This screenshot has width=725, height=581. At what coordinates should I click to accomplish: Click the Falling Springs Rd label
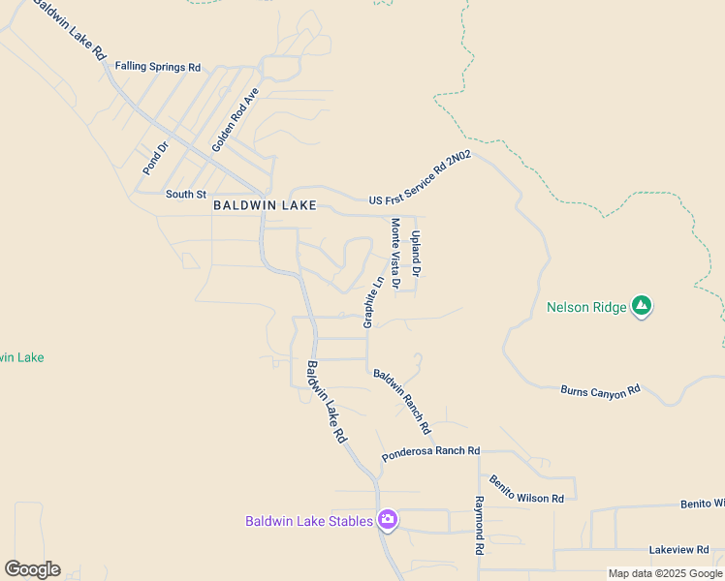point(157,67)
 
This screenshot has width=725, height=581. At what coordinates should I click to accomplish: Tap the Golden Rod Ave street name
point(236,119)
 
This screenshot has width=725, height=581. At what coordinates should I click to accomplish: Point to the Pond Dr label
point(155,158)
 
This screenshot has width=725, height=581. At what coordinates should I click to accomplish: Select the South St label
point(186,194)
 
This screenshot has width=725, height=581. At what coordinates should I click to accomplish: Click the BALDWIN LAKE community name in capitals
point(265,205)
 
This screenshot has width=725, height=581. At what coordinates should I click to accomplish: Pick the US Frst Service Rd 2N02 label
point(420,178)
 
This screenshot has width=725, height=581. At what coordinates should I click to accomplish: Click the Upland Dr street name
point(416,247)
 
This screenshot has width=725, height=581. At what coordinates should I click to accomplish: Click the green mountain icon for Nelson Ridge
point(641,307)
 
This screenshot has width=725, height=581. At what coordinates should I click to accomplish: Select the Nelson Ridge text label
point(585,308)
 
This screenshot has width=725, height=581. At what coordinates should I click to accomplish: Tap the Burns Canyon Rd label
point(601,390)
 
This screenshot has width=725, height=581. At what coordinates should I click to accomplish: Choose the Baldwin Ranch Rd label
point(402,401)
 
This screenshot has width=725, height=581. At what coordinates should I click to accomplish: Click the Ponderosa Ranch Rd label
point(431,451)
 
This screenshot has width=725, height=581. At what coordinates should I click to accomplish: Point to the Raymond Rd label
point(479,525)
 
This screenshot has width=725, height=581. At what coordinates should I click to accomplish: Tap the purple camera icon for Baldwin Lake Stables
point(388,521)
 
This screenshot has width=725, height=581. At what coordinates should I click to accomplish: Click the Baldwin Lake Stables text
point(308,521)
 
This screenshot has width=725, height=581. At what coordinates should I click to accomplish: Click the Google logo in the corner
point(32,569)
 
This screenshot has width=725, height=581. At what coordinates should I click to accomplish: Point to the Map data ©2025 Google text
point(666,573)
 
